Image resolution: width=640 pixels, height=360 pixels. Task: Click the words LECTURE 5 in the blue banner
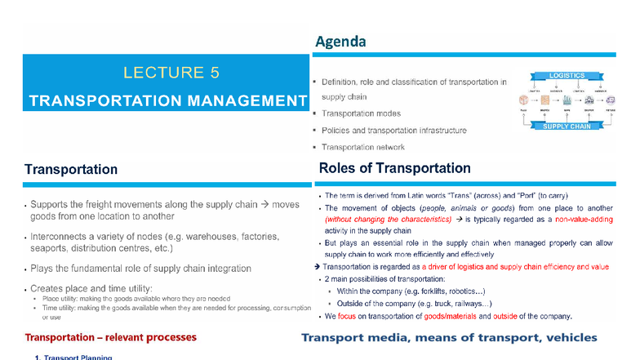coord(171,73)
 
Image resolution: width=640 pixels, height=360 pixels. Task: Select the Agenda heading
coord(340,41)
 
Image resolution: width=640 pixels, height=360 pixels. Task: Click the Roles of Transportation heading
coord(394,168)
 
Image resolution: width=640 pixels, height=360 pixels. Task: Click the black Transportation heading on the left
coord(71,169)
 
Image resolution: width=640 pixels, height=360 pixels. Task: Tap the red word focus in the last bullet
coord(353,316)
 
